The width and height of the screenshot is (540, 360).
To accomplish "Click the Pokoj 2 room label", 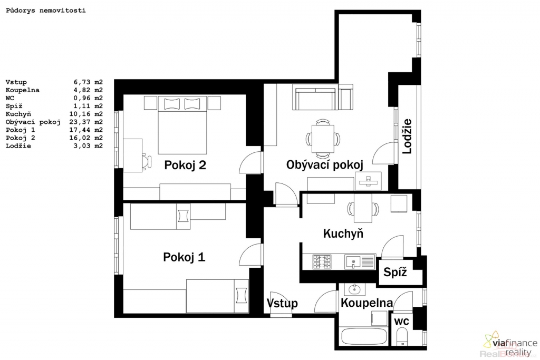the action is pyautogui.click(x=185, y=165).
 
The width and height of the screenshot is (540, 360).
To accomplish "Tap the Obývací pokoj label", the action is pyautogui.click(x=325, y=164).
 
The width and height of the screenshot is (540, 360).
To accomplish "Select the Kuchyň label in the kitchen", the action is pyautogui.click(x=343, y=233).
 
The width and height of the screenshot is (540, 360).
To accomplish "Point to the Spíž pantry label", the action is pyautogui.click(x=395, y=272).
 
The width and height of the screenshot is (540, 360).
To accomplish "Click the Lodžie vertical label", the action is pyautogui.click(x=407, y=136).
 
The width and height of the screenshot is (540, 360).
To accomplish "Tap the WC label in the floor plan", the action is pyautogui.click(x=401, y=322).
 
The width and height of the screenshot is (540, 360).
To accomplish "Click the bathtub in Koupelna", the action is pyautogui.click(x=364, y=336).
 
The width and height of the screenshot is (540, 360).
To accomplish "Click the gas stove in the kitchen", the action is pyautogui.click(x=322, y=262).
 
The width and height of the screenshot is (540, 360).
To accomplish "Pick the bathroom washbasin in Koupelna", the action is pyautogui.click(x=354, y=289).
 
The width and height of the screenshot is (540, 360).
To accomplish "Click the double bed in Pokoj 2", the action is pyautogui.click(x=182, y=125).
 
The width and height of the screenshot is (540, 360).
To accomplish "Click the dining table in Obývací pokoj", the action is pyautogui.click(x=323, y=139).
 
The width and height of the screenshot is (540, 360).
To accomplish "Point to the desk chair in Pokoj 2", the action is pyautogui.click(x=147, y=161).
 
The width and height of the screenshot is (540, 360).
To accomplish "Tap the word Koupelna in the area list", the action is pyautogui.click(x=22, y=90).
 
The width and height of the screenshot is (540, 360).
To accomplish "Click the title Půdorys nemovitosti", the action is pyautogui.click(x=46, y=11).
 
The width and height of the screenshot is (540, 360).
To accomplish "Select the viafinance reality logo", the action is pyautogui.click(x=510, y=344).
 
